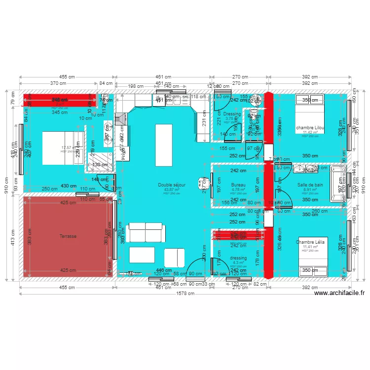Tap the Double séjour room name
(x=172, y=185)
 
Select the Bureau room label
(x=238, y=185)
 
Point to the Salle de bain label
(x=310, y=185)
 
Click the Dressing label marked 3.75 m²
(x=232, y=114)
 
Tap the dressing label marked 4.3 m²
(x=238, y=258)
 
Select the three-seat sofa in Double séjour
(x=146, y=232)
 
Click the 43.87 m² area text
(x=172, y=189)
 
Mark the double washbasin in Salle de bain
(x=307, y=169)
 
